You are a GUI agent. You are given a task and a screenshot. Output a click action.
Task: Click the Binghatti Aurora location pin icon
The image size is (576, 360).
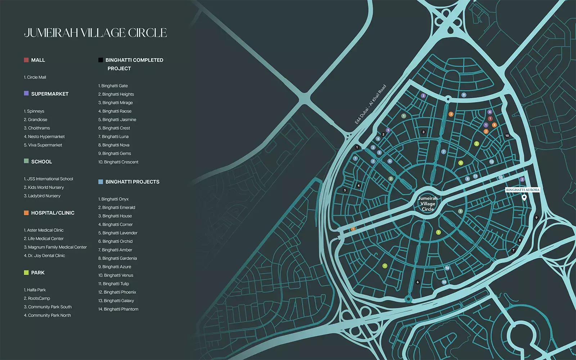(524, 197)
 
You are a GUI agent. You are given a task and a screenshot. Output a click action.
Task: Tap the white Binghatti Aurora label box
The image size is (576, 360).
(522, 190)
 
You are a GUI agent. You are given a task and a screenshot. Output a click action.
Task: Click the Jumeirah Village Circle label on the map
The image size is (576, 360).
(428, 204)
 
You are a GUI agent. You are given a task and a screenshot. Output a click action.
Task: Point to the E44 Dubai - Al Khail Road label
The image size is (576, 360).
(370, 104)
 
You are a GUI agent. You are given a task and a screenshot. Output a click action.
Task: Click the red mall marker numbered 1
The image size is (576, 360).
(490, 118)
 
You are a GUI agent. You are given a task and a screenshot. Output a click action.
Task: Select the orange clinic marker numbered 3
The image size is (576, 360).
(451, 114)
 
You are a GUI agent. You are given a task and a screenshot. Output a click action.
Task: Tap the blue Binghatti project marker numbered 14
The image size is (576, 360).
(447, 268)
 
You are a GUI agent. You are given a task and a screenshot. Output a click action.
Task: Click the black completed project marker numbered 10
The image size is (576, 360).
(507, 136)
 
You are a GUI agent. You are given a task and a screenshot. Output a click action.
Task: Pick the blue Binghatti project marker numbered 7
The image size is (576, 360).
(444, 152)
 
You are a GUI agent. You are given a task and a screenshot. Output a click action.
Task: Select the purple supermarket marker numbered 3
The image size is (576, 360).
(423, 96)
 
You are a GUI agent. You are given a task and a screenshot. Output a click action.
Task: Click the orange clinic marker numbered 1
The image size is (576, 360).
(353, 229)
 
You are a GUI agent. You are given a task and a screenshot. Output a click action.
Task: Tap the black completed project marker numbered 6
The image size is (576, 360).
(418, 282)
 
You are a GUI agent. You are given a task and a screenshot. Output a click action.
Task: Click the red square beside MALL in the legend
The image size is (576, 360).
(26, 60)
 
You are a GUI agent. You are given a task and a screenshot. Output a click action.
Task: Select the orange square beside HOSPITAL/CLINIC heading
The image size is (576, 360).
(26, 213)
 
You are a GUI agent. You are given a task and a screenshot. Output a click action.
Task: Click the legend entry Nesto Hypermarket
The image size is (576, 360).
(44, 137)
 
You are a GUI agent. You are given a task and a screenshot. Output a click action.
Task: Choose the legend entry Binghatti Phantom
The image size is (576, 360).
(118, 309)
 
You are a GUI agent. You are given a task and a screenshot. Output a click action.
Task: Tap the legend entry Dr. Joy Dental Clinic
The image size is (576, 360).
(45, 256)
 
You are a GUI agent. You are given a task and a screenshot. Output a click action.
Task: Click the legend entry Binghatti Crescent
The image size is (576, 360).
(118, 162)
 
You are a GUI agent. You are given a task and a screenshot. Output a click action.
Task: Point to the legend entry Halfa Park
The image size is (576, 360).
(35, 290)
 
